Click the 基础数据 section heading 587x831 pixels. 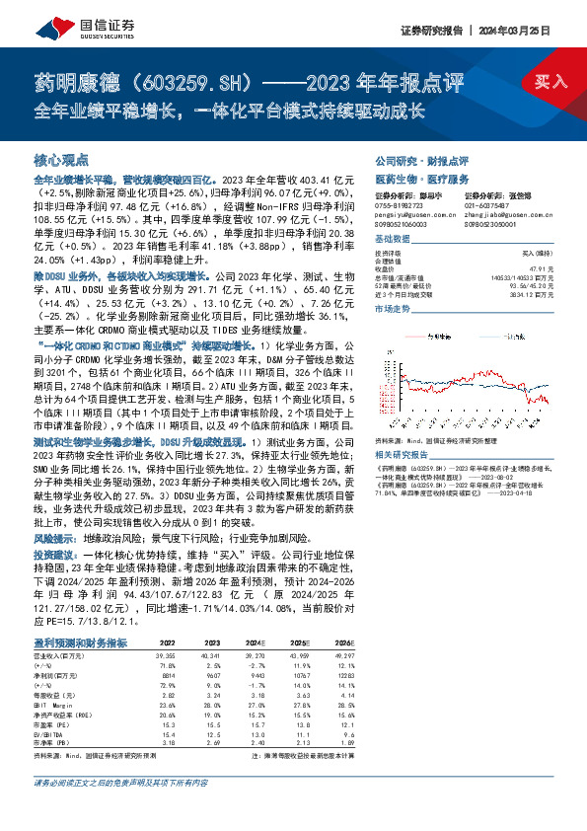pyautogui.click(x=395, y=241)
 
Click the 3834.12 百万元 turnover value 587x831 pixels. pyautogui.click(x=532, y=293)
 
